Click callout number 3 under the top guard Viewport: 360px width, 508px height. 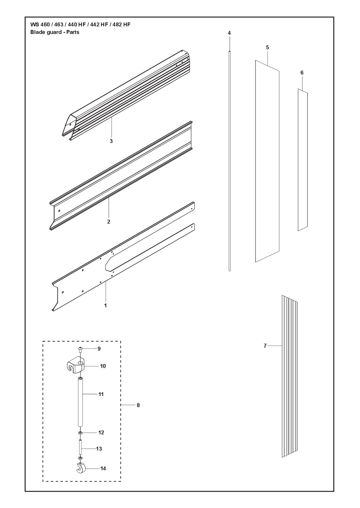tap(111, 141)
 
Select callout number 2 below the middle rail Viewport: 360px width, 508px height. tap(109, 222)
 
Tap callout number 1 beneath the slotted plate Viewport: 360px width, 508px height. tap(106, 305)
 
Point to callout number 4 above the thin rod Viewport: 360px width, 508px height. tap(229, 33)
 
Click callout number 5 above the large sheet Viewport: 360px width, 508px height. tap(267, 48)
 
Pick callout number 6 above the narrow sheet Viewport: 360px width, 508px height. tap(302, 73)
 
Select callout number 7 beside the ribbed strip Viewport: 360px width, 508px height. tap(265, 346)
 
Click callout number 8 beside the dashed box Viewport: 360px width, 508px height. tap(138, 405)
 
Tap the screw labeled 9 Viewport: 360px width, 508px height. tap(80, 349)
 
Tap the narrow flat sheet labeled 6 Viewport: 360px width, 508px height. tap(303, 160)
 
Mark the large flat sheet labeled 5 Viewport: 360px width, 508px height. tap(267, 161)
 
